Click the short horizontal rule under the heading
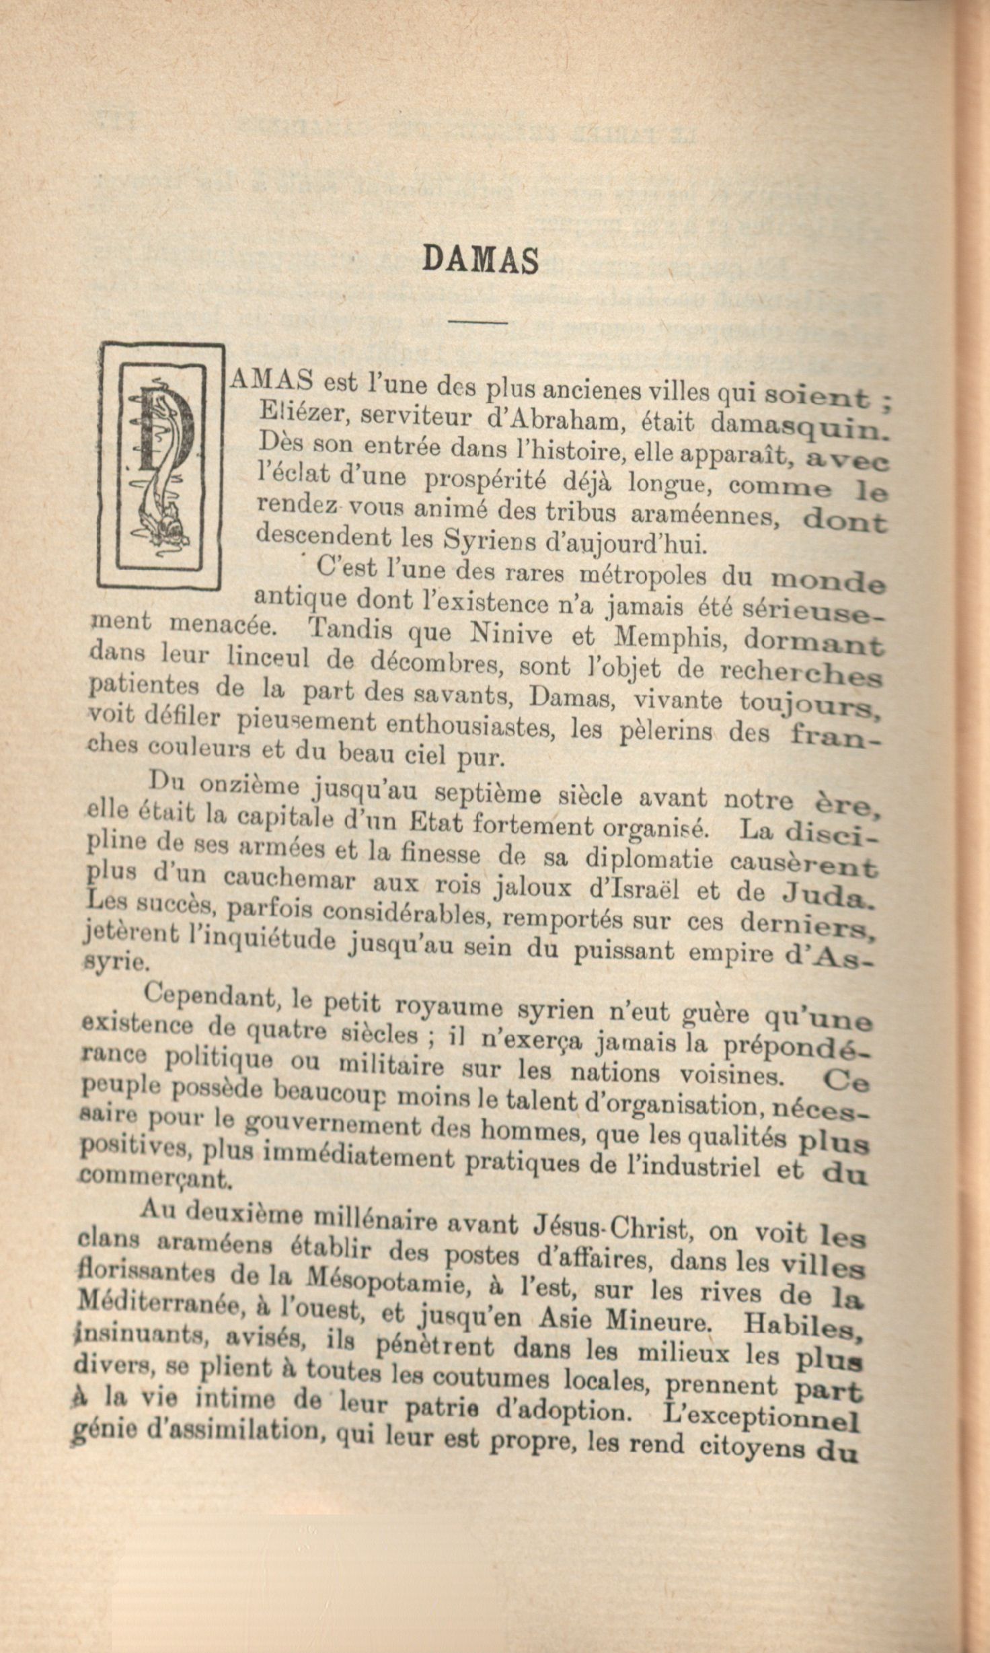[x=477, y=322]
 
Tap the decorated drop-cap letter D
[x=161, y=465]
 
